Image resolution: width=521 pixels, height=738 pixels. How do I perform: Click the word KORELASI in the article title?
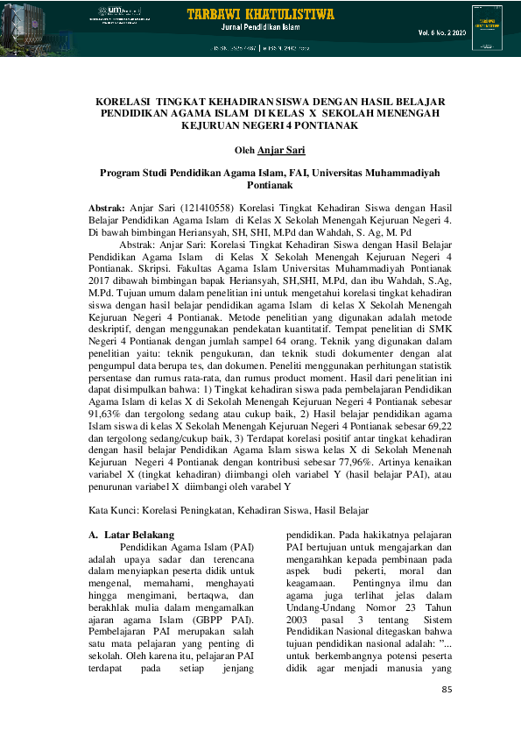(x=123, y=102)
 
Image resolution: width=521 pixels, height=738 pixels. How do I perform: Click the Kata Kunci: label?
(x=116, y=510)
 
